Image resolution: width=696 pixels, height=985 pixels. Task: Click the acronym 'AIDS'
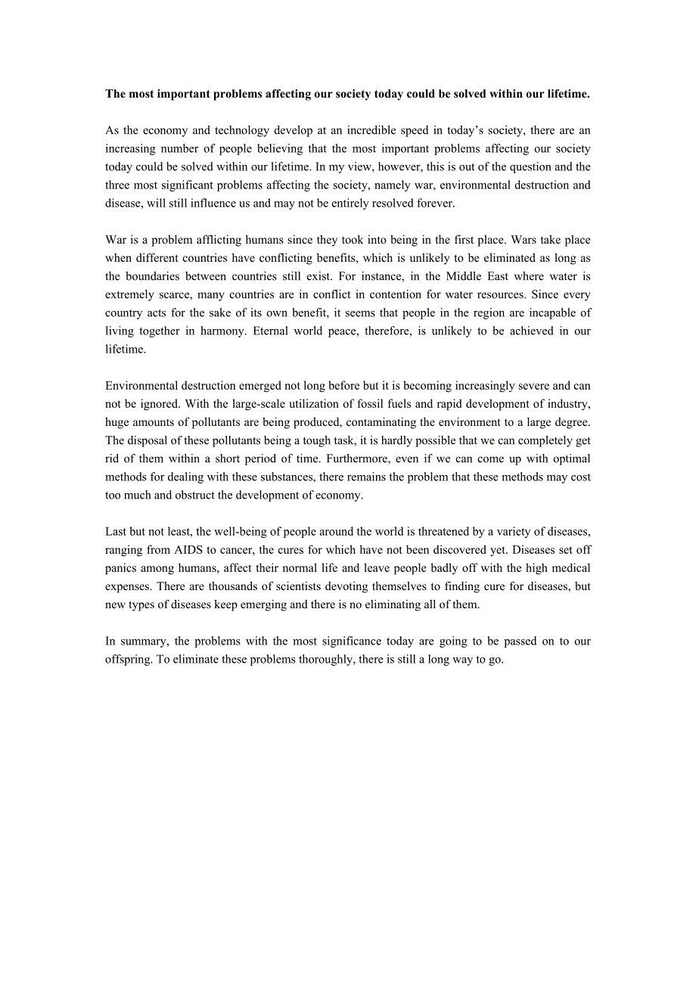pos(189,550)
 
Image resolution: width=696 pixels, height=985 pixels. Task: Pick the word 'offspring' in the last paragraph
pos(129,659)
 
